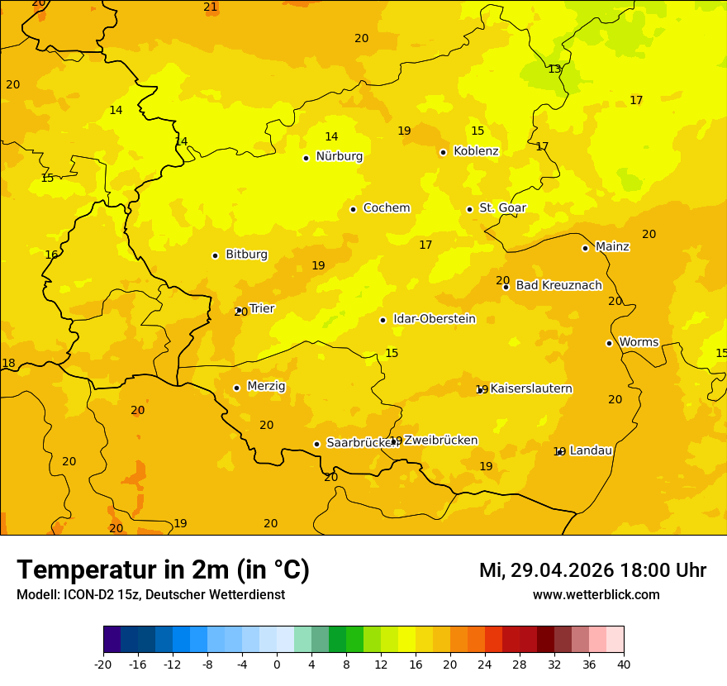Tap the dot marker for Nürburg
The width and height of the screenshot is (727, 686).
(x=306, y=158)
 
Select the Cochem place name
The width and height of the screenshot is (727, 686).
(x=387, y=208)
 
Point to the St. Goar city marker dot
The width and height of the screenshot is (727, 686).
(x=469, y=209)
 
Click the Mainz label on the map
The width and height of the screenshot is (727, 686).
(x=612, y=247)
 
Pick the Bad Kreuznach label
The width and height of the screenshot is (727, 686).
(x=558, y=286)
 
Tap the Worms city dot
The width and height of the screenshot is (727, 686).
(x=609, y=343)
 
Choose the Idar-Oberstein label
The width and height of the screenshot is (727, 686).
(x=434, y=319)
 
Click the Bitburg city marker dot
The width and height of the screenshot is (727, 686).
(x=215, y=255)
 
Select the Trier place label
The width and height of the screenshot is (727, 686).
(x=262, y=309)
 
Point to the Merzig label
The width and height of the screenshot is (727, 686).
(x=266, y=387)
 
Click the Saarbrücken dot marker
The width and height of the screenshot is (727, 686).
(x=316, y=444)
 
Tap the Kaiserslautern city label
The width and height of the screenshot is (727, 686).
(x=531, y=389)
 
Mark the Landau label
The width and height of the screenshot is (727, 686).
(x=591, y=451)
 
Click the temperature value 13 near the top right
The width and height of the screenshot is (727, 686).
(x=554, y=69)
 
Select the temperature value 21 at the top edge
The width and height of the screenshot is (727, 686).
(x=211, y=7)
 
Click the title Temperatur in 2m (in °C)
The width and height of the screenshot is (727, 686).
(x=164, y=570)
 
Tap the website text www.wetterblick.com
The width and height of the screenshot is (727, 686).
(x=596, y=595)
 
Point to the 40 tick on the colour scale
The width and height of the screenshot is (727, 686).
(x=624, y=664)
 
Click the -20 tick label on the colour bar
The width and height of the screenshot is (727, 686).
(x=103, y=664)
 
